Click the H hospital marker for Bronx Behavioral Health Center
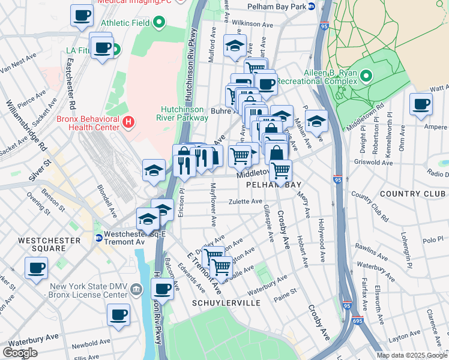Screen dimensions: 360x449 [x=127, y=123]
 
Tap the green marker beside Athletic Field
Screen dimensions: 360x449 [x=159, y=23]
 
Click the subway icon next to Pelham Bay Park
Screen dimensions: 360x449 [x=312, y=7]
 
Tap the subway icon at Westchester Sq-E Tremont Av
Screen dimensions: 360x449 [x=99, y=238]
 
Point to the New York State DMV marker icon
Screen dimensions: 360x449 [x=137, y=290]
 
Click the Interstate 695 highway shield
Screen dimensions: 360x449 [x=358, y=322]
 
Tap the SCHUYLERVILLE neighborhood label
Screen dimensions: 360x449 [x=226, y=303]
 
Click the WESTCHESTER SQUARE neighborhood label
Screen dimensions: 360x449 [x=50, y=244]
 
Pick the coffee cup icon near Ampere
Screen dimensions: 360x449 [x=421, y=104]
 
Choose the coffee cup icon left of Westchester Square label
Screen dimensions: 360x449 [x=36, y=268]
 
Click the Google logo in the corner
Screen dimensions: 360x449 [x=20, y=353]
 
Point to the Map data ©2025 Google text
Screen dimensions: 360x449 [x=412, y=355]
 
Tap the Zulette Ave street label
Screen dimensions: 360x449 [x=245, y=202]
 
